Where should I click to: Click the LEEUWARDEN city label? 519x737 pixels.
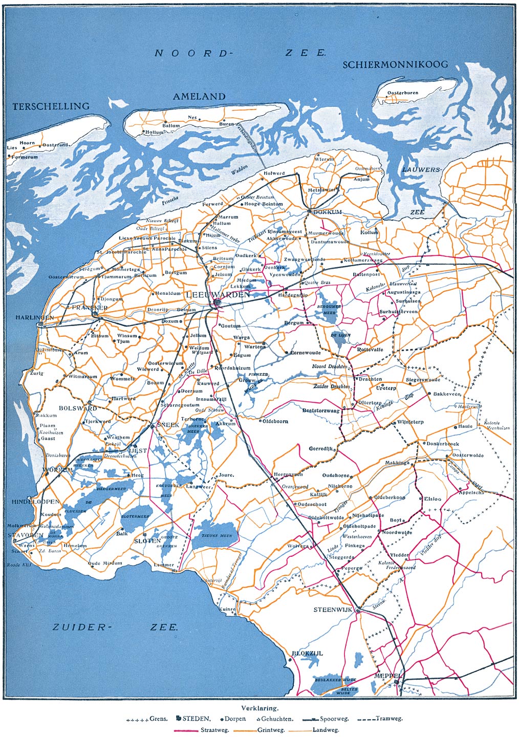tap(218, 295)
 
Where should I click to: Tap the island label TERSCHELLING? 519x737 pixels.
tap(51, 106)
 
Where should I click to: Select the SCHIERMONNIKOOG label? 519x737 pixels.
tap(395, 64)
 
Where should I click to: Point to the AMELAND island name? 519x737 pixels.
tap(199, 96)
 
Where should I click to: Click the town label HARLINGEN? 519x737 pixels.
tap(34, 317)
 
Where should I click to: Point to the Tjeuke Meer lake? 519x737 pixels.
tap(214, 535)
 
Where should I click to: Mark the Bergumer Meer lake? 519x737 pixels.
tap(327, 309)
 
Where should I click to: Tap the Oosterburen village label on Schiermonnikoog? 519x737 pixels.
tap(403, 93)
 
